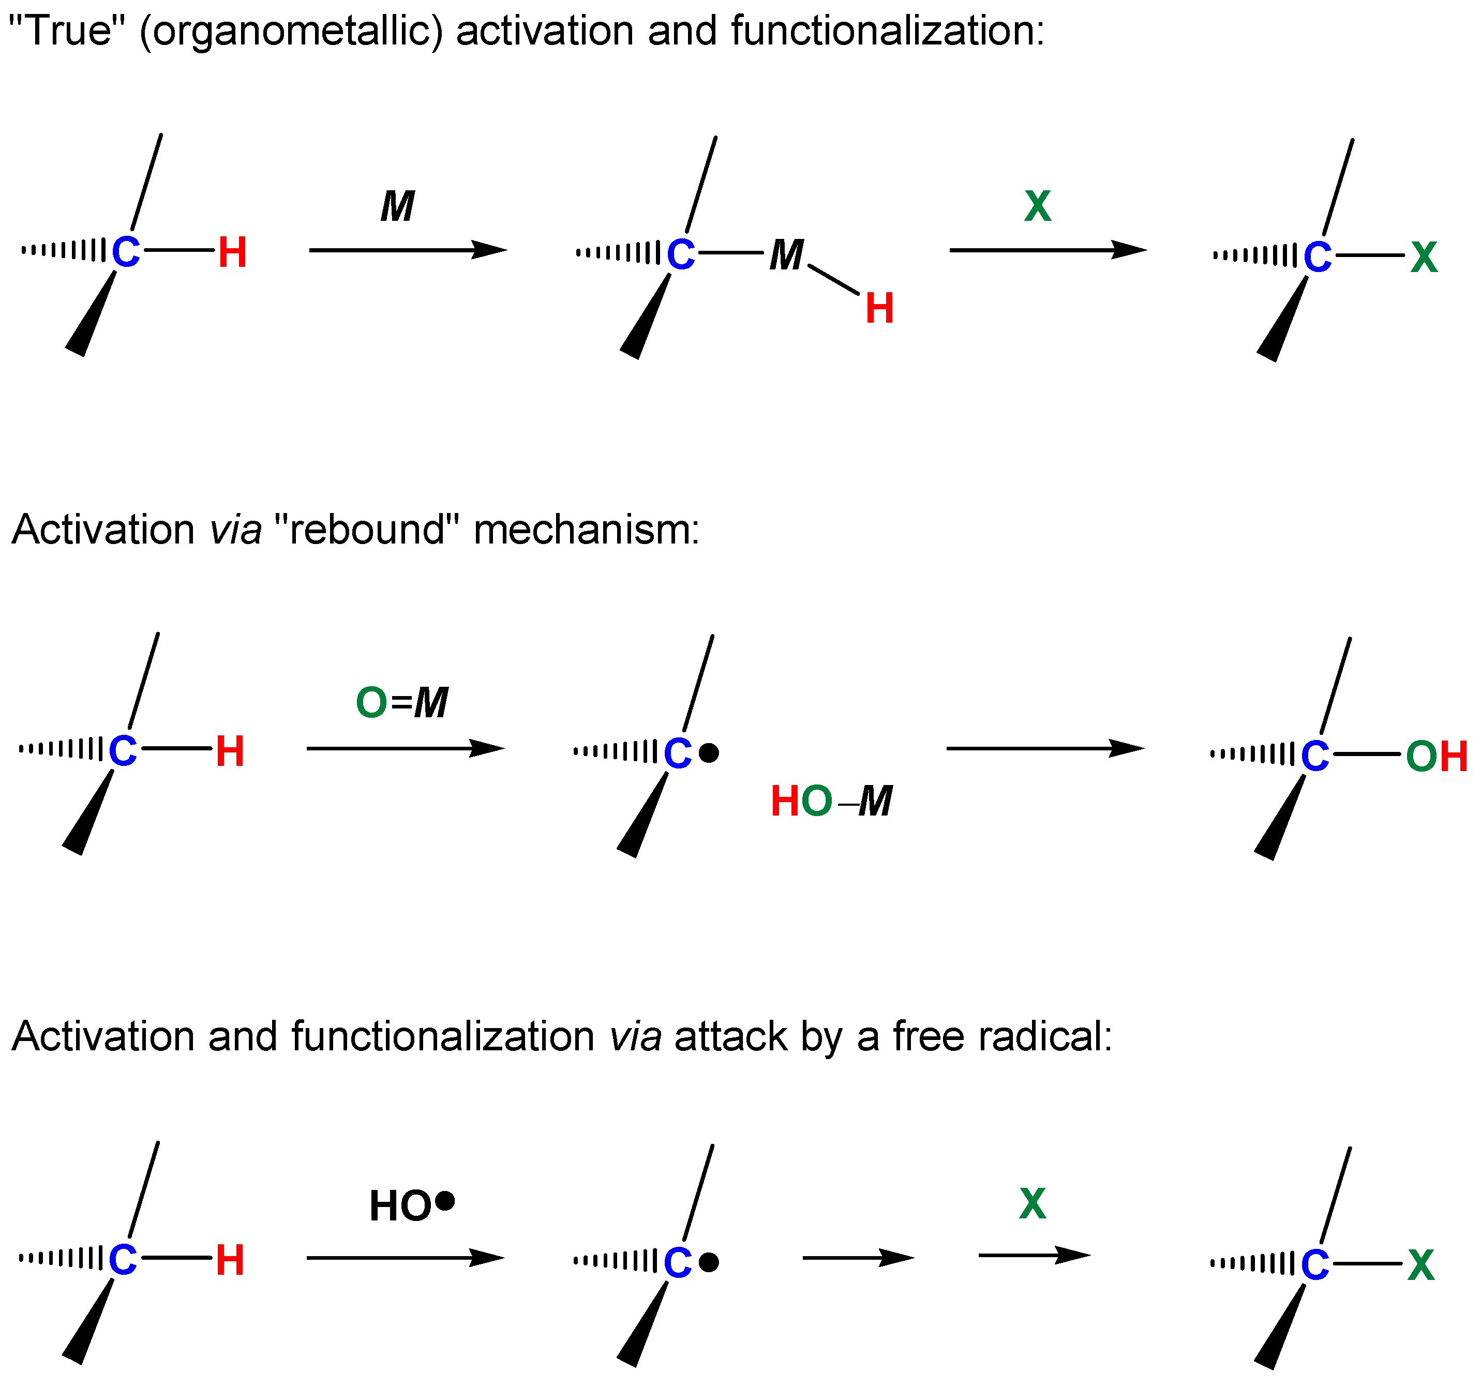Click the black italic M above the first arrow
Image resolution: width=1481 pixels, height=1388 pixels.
pos(398,206)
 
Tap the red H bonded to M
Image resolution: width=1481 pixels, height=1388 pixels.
pos(879,308)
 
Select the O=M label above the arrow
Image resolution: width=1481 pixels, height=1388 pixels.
pos(402,702)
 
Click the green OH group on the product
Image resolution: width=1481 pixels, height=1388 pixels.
pos(1435,757)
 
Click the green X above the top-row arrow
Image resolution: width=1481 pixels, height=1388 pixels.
pos(1038,206)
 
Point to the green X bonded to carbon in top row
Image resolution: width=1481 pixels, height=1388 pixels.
pos(1424,258)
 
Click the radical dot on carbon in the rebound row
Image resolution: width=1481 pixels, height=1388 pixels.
pos(709,753)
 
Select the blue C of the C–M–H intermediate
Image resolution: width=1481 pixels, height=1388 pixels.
pos(680,254)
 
